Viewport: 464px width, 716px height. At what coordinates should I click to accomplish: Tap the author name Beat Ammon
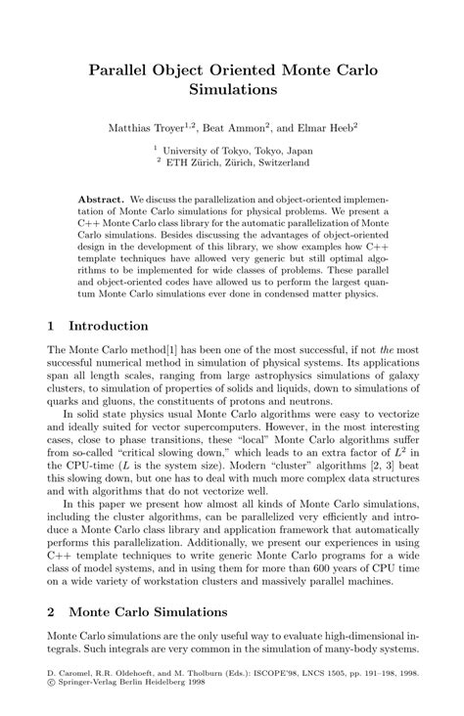click(x=236, y=127)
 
